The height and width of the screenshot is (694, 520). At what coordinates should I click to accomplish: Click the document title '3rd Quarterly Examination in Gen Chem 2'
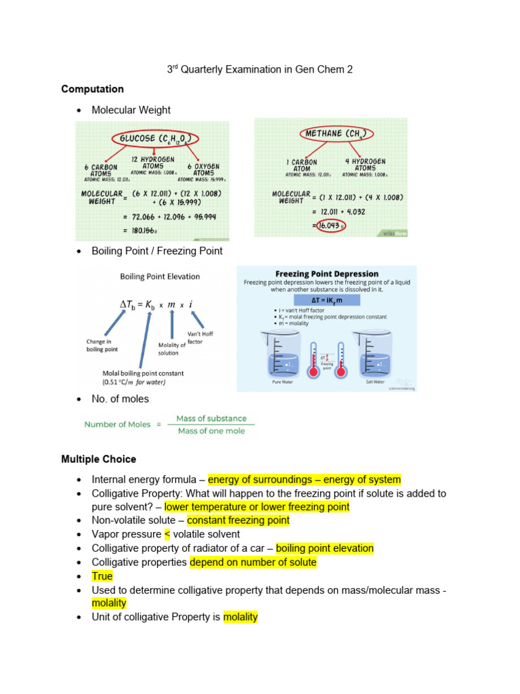point(260,69)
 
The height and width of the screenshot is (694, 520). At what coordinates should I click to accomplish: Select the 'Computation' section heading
point(92,89)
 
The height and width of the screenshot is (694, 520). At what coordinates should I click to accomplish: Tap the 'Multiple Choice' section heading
point(98,459)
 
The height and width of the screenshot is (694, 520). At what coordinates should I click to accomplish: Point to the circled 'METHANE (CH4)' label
point(332,134)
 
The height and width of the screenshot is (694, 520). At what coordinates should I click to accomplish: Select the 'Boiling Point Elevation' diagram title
point(160,277)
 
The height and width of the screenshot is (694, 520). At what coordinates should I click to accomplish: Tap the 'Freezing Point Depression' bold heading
point(326,274)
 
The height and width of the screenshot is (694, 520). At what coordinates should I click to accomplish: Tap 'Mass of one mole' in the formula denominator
point(211,431)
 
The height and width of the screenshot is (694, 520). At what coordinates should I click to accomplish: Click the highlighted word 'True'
point(102,576)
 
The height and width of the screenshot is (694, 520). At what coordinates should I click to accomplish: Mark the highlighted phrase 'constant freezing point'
point(238,520)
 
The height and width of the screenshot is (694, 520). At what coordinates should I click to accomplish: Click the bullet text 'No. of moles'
point(120,399)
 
